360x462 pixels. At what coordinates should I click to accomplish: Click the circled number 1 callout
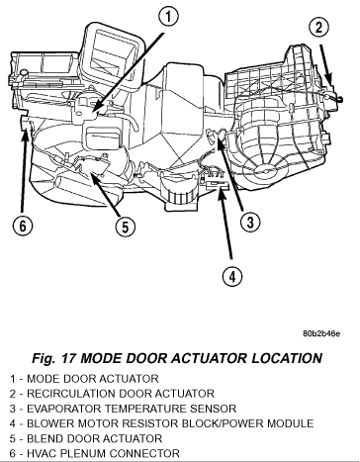pyautogui.click(x=168, y=17)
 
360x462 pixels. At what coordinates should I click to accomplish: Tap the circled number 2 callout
pyautogui.click(x=318, y=27)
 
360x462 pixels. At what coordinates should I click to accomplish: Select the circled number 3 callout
pyautogui.click(x=250, y=222)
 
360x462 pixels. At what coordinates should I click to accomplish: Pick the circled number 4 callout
pyautogui.click(x=232, y=276)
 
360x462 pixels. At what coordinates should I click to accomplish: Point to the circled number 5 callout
pyautogui.click(x=126, y=227)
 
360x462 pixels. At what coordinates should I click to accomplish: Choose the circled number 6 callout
pyautogui.click(x=23, y=226)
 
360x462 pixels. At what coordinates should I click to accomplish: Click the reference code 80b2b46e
pyautogui.click(x=321, y=333)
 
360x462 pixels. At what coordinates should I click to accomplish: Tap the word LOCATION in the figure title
pyautogui.click(x=287, y=358)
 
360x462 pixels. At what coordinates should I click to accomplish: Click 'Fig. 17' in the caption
pyautogui.click(x=54, y=358)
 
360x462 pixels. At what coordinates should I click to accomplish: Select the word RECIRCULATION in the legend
pyautogui.click(x=71, y=394)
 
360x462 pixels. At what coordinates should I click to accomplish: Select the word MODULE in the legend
pyautogui.click(x=291, y=423)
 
